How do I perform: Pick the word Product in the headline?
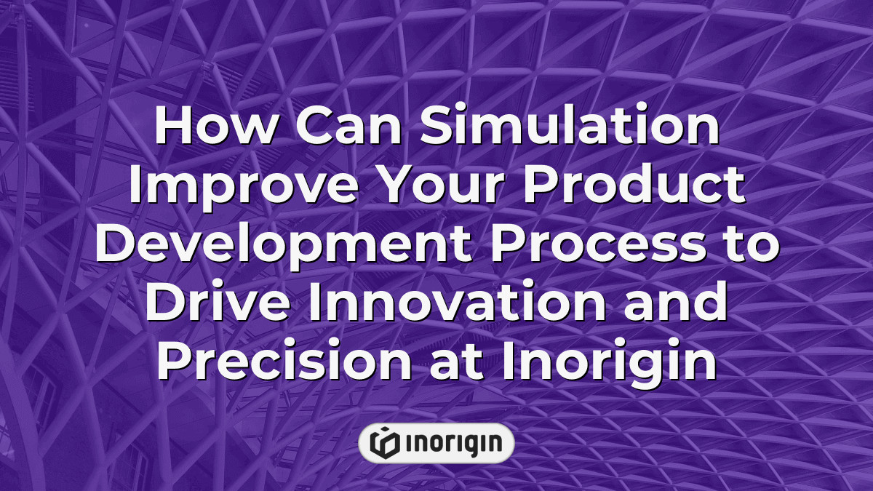[627, 188]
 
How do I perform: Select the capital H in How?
[172, 129]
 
